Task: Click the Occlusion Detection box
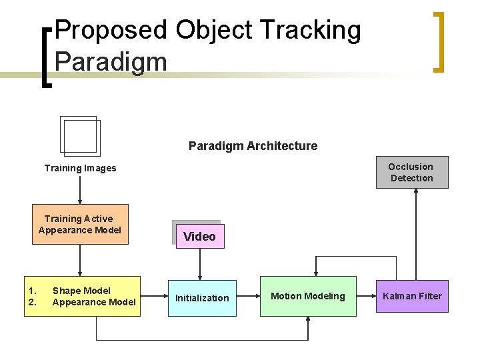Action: tap(411, 172)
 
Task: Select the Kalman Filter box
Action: tap(411, 296)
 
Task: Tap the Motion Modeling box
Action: tap(308, 296)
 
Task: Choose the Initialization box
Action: tap(202, 298)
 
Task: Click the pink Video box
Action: tap(199, 236)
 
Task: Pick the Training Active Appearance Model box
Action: tap(80, 225)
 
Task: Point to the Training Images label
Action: tap(80, 168)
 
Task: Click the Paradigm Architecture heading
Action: tap(253, 146)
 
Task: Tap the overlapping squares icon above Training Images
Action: tap(79, 137)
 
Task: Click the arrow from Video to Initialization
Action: tap(199, 264)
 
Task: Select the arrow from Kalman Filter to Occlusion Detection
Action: tap(414, 233)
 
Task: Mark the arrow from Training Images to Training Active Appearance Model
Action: tap(80, 190)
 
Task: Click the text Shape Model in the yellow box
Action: tap(81, 291)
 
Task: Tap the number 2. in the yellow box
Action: tap(31, 302)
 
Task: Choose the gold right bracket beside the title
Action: tap(438, 41)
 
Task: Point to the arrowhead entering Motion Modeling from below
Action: tap(308, 320)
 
